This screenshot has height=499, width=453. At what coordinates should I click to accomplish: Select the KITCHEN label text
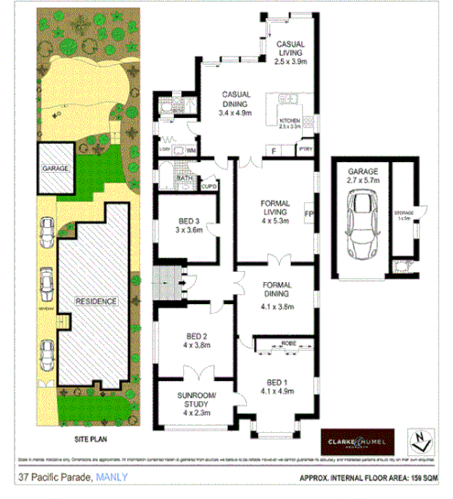coord(289,121)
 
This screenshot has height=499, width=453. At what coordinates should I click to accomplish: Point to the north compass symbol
coord(420,441)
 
